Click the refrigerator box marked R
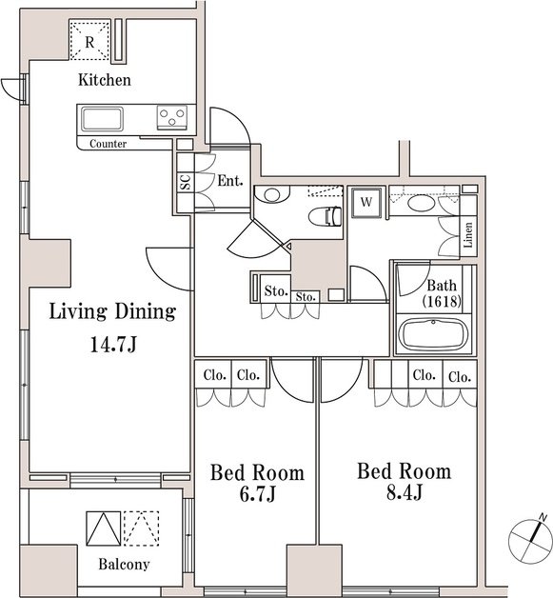(x=89, y=40)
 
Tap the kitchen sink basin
(x=102, y=119)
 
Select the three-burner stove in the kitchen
(x=172, y=117)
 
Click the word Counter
(x=108, y=144)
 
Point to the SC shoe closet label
(x=186, y=182)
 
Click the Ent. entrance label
(x=230, y=180)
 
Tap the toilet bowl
(x=325, y=216)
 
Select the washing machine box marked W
(x=366, y=202)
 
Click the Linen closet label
(x=468, y=234)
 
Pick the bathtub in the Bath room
(x=433, y=334)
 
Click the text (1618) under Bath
(x=442, y=301)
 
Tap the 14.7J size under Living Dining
(x=113, y=345)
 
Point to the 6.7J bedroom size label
(x=257, y=493)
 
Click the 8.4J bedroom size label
(x=404, y=492)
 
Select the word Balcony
(x=124, y=564)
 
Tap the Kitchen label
(x=105, y=80)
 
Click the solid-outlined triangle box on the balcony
(x=104, y=528)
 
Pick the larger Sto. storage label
(x=276, y=291)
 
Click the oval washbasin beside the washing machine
(x=421, y=202)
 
